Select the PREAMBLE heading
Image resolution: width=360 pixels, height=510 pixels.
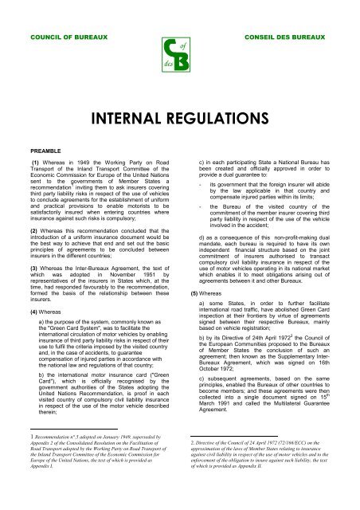[x=33, y=148]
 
